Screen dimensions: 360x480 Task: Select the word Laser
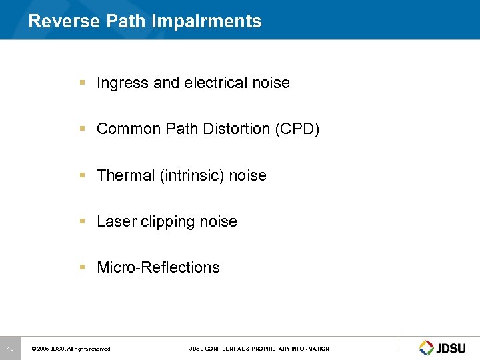point(115,221)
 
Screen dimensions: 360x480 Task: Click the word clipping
point(167,222)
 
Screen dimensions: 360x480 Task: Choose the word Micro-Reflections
point(158,267)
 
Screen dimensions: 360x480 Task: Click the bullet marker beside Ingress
point(82,83)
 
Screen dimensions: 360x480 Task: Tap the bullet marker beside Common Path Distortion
point(82,129)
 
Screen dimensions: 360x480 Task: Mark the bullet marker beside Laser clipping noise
point(82,221)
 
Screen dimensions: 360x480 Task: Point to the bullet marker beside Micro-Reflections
point(82,267)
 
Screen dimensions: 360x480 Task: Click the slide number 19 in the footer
point(11,348)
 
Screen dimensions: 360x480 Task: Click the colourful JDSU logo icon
point(426,347)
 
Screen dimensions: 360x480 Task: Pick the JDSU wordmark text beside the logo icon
point(451,347)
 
